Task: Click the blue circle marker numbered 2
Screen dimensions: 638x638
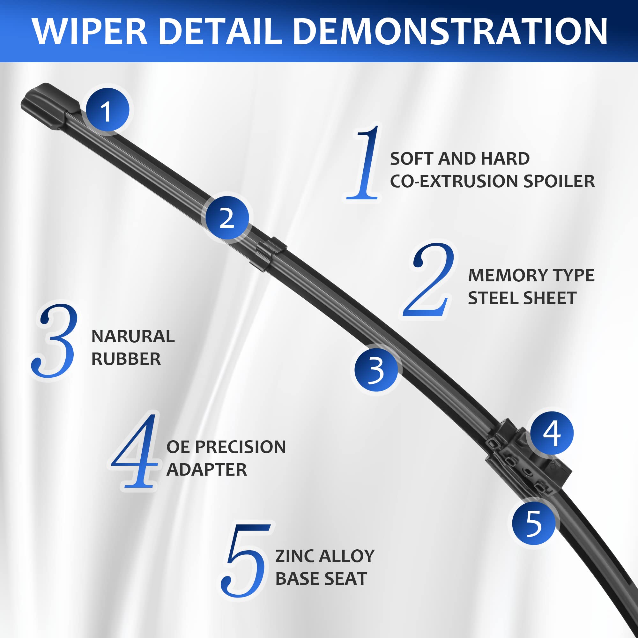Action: [227, 218]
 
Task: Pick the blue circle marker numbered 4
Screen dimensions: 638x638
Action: [552, 433]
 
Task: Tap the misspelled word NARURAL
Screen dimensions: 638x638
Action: [133, 337]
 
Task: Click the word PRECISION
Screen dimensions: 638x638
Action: [241, 447]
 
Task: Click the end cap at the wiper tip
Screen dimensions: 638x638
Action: [49, 106]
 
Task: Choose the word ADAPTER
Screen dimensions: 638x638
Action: [206, 470]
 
